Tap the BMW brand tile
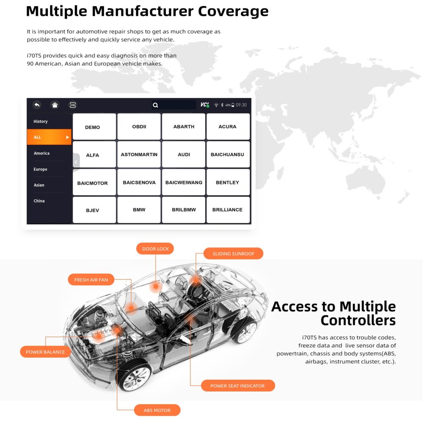coord(139,210)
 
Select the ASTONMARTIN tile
coord(139,154)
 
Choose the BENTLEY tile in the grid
coord(228,182)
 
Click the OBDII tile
coord(139,127)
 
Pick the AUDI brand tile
coord(184,154)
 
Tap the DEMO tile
coord(94,127)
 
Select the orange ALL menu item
coord(49,137)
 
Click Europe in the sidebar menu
coord(41,169)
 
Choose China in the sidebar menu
coord(39,201)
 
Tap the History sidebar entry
coord(41,121)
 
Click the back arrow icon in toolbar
coord(37,105)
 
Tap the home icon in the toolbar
coord(55,105)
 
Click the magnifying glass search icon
coord(155,105)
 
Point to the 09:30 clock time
coord(241,105)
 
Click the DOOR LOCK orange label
coord(155,248)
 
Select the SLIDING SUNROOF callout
coord(233,254)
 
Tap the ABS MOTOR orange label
coord(157,410)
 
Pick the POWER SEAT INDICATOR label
coord(238,386)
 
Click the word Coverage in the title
coord(233,11)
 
